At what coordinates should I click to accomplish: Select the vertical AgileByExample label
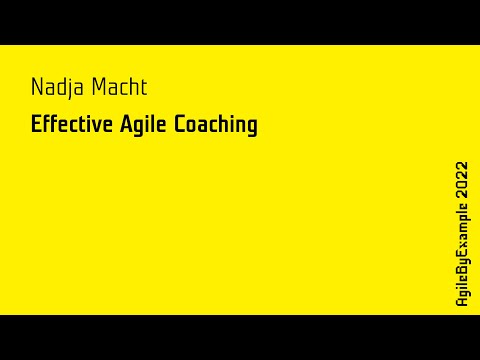click(461, 255)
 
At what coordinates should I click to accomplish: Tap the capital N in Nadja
click(36, 88)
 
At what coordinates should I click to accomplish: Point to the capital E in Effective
click(36, 125)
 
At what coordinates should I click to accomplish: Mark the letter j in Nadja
click(70, 89)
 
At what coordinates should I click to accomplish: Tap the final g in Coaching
click(251, 128)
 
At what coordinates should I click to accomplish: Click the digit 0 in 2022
click(461, 185)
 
